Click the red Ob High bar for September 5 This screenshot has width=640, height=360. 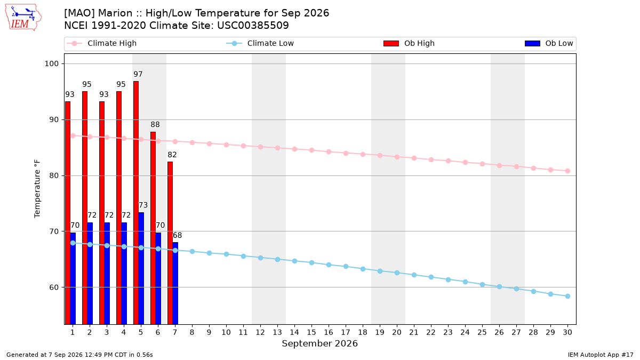click(136, 203)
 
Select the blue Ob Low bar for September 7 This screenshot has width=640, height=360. click(175, 283)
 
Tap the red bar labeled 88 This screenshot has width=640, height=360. click(153, 228)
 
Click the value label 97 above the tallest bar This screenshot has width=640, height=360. click(138, 74)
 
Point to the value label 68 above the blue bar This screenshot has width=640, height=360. click(177, 235)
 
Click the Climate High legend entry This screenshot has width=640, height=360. click(102, 43)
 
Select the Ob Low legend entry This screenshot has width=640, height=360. click(549, 43)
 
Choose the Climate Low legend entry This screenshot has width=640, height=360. click(260, 43)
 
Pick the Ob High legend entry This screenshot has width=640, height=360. click(409, 43)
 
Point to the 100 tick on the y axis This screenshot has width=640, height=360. click(52, 63)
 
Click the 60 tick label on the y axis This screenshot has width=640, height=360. click(54, 287)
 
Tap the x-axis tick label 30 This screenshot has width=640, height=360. click(567, 332)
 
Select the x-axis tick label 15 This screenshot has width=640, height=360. click(311, 332)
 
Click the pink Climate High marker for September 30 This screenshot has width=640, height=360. click(567, 171)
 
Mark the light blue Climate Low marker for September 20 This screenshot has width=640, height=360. click(397, 273)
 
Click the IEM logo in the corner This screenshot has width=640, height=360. click(23, 18)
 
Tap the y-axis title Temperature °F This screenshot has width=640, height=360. click(37, 189)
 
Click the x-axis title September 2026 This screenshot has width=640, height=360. click(319, 343)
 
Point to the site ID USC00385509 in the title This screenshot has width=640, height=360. click(253, 26)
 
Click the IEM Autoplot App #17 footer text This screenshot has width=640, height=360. click(601, 355)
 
